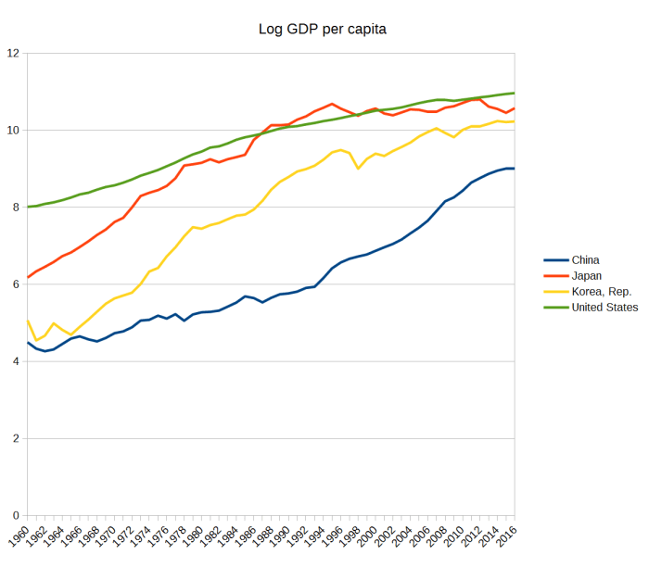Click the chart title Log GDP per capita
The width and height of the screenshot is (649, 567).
coord(322,29)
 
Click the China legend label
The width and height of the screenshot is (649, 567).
coord(587,259)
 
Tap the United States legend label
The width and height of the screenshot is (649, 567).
coord(604,307)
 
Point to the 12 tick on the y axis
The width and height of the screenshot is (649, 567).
coord(13,53)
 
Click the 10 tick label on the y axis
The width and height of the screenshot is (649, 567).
coord(13,130)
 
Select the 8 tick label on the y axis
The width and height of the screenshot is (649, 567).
coord(16,207)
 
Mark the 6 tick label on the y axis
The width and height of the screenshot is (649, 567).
coord(16,284)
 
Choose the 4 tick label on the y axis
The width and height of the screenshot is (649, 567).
coord(16,361)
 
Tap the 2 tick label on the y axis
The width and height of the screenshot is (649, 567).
coord(16,438)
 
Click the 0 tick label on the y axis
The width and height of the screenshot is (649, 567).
coord(16,515)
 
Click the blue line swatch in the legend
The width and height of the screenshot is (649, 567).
coord(554,259)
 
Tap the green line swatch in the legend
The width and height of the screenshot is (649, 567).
coord(554,307)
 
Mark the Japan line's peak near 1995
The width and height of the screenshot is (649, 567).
coord(332,104)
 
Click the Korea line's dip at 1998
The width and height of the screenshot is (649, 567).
coord(358,169)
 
